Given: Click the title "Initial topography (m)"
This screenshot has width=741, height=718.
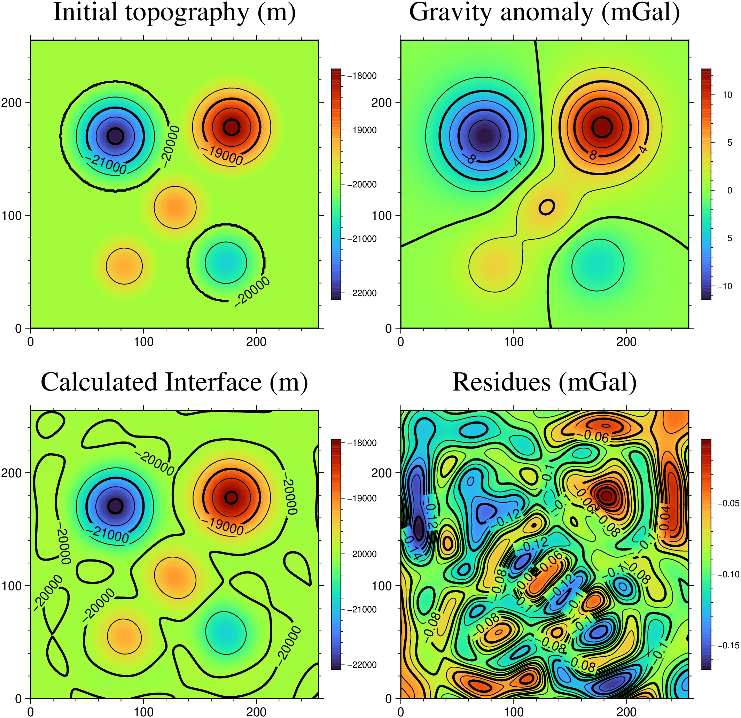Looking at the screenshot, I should (174, 12).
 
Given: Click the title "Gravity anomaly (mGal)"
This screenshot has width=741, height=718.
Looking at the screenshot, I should (544, 12).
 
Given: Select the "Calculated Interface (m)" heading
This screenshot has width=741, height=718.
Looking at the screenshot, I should (174, 382).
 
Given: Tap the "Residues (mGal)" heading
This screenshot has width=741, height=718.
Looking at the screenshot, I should (544, 382).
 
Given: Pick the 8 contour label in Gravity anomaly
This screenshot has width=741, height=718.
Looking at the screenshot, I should (593, 155).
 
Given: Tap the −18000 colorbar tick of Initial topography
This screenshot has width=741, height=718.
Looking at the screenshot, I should (362, 76).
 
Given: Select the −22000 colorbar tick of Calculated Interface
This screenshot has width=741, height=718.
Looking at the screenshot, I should (362, 665).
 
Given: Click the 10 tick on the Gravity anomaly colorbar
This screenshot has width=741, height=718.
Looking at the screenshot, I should (727, 95).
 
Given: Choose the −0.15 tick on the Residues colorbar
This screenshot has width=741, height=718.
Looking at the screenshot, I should (728, 646).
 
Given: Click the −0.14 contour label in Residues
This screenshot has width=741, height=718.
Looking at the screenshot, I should (412, 549).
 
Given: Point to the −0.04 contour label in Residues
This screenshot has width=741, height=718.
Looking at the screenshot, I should (665, 518).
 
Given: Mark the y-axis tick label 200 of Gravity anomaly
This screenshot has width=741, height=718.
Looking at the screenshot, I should (381, 102).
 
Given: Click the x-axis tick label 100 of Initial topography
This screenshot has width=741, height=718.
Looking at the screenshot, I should (144, 342).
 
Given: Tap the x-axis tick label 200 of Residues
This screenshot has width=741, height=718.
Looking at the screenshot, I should (626, 712).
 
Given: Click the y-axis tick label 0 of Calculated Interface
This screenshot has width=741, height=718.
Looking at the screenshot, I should (18, 699).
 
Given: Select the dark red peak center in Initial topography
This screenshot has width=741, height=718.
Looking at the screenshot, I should (231, 127).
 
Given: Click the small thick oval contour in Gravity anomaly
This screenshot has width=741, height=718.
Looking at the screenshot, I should (547, 207).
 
